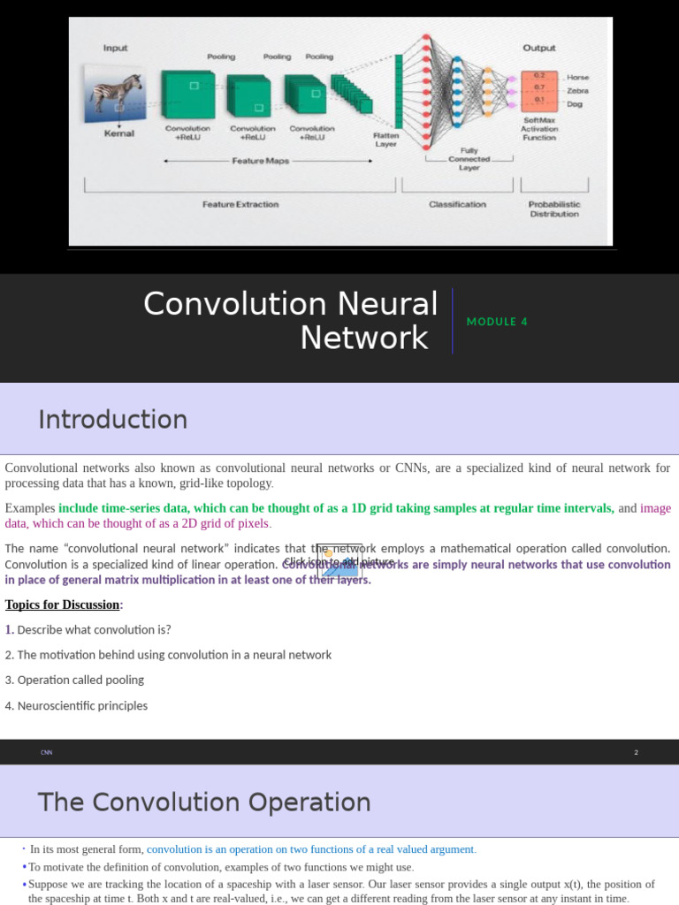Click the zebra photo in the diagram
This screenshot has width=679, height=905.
[114, 93]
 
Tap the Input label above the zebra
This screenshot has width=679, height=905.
[116, 49]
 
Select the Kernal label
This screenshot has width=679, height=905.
[119, 133]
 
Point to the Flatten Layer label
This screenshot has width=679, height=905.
[386, 140]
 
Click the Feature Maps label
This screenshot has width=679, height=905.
[260, 161]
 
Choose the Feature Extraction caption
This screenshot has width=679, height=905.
[240, 204]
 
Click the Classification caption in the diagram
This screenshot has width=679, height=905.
[457, 204]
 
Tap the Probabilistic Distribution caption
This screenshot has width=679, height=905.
[554, 209]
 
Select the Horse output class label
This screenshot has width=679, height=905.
[577, 78]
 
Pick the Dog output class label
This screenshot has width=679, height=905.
[575, 103]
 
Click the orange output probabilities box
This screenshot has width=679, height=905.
[538, 90]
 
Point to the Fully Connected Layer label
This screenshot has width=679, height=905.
[469, 159]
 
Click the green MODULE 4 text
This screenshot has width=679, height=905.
[497, 322]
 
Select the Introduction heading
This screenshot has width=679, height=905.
[112, 419]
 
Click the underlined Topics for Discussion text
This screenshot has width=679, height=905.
[63, 605]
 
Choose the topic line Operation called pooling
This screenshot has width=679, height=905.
[74, 681]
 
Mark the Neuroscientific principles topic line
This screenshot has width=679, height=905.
[76, 706]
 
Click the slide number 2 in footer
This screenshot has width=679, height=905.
[636, 752]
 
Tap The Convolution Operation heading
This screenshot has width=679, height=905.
[203, 802]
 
